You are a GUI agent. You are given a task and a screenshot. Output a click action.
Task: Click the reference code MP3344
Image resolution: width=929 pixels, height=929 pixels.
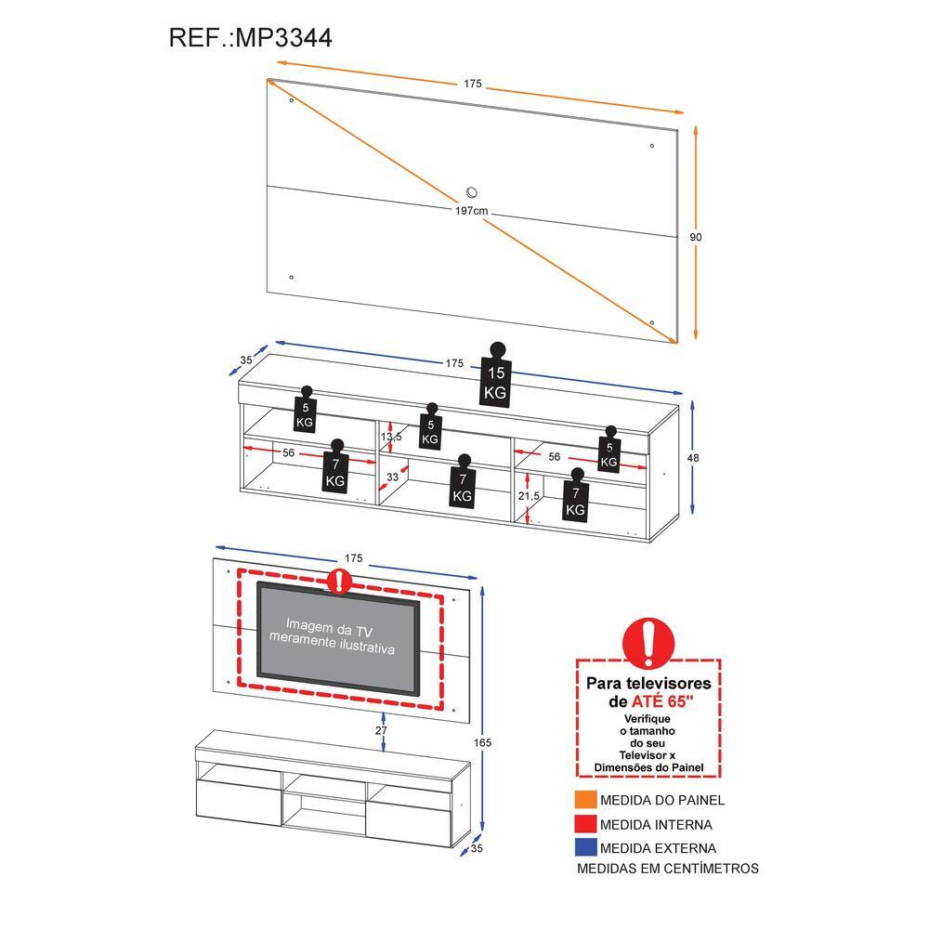283,37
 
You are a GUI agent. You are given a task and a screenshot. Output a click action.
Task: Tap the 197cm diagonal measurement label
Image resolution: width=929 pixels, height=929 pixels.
472,210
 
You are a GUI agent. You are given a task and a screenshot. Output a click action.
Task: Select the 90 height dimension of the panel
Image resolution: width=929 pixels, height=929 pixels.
696,237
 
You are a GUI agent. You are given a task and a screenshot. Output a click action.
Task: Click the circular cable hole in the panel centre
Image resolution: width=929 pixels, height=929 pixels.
472,192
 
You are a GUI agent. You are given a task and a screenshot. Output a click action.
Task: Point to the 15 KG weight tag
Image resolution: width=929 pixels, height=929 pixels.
496,375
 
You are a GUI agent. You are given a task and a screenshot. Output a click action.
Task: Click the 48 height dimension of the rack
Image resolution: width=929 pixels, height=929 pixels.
693,458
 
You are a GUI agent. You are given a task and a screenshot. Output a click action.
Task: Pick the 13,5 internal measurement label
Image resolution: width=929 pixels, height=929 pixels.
391,437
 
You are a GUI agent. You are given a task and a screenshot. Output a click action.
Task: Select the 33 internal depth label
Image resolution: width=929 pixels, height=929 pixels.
392,477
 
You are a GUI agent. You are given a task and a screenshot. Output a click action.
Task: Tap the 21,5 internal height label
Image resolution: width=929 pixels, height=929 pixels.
529,496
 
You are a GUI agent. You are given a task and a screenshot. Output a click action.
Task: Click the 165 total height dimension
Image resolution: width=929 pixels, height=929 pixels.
482,742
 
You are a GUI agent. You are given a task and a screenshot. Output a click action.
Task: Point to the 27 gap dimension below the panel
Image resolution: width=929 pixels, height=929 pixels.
381,730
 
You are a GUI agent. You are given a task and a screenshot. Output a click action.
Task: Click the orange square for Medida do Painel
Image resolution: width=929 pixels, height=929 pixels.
585,800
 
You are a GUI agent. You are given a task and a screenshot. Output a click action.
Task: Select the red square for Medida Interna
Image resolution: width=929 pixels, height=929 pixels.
585,824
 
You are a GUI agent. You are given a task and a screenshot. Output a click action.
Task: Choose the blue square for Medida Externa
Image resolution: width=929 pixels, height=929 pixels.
585,848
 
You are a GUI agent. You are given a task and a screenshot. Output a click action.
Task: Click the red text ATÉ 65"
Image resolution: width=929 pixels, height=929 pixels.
662,701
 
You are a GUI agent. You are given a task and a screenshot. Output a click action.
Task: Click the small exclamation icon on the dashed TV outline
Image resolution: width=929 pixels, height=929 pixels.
339,582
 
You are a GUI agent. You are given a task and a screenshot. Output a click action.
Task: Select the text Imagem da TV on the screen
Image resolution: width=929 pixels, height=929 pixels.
330,627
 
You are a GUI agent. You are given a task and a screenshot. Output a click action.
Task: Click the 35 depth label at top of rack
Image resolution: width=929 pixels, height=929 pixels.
246,360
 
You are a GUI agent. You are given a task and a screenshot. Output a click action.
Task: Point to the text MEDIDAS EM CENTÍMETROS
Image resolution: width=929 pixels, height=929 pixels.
668,869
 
